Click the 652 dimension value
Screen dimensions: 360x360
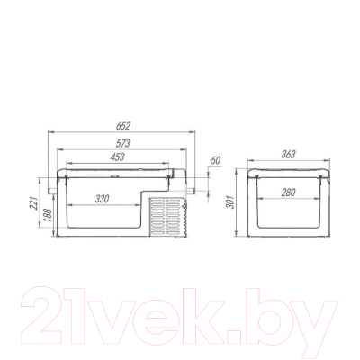click(123, 126)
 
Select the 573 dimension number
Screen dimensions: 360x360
click(123, 144)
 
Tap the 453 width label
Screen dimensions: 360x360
click(117, 157)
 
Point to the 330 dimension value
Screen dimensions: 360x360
click(102, 199)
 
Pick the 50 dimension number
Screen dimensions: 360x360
click(215, 160)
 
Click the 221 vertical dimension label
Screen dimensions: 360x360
click(34, 203)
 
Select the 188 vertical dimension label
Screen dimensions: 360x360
click(48, 215)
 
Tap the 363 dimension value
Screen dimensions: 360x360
click(288, 154)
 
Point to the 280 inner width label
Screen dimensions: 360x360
click(288, 193)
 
